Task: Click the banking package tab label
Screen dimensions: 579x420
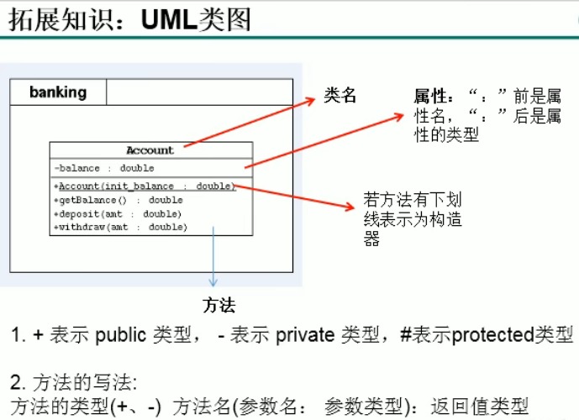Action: [58, 92]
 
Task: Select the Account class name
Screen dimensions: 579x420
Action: [150, 150]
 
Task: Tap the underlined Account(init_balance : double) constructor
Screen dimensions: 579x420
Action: [145, 186]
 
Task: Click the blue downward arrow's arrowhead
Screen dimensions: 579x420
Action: [213, 284]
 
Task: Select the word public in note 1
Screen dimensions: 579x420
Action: [120, 335]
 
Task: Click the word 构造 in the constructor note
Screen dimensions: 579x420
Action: [440, 219]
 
